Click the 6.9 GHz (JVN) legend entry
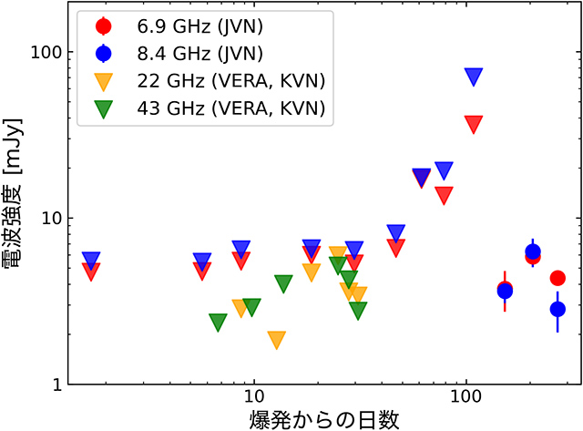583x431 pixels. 182,26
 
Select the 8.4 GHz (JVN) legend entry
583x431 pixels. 182,53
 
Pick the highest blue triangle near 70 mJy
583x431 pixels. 474,77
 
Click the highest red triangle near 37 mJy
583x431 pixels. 474,124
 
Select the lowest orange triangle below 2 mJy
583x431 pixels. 277,340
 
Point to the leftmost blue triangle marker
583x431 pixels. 91,261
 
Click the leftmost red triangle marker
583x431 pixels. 91,271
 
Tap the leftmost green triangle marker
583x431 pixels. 218,322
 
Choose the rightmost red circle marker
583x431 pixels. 557,278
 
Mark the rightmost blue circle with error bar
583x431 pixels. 557,310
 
